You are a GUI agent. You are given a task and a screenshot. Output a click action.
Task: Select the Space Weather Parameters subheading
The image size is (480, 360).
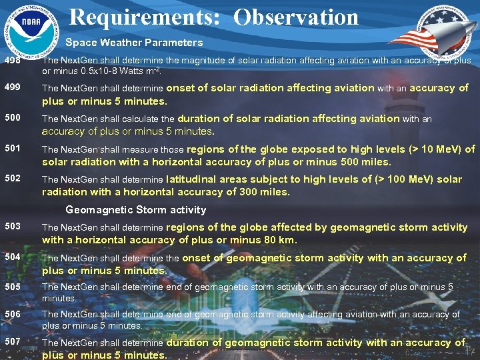134,42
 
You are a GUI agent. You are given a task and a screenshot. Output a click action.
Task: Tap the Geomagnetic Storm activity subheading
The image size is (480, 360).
136,209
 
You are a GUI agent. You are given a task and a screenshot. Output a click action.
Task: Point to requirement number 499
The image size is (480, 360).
11,87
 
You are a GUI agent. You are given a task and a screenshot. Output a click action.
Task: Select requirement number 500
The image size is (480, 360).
11,118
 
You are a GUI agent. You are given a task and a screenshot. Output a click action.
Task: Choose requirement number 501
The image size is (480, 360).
11,149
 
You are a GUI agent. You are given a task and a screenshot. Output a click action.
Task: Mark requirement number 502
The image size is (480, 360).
11,179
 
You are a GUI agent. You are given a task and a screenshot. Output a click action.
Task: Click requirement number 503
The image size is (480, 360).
11,227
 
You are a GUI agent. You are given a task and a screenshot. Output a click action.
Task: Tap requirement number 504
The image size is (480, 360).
11,257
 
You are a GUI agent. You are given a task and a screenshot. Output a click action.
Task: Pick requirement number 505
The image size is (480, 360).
11,287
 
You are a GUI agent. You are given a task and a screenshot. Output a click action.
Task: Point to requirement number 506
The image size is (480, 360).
11,314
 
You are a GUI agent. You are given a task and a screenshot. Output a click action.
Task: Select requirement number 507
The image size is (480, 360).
11,342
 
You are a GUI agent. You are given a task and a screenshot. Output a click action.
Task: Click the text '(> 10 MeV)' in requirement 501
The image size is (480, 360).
427,149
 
